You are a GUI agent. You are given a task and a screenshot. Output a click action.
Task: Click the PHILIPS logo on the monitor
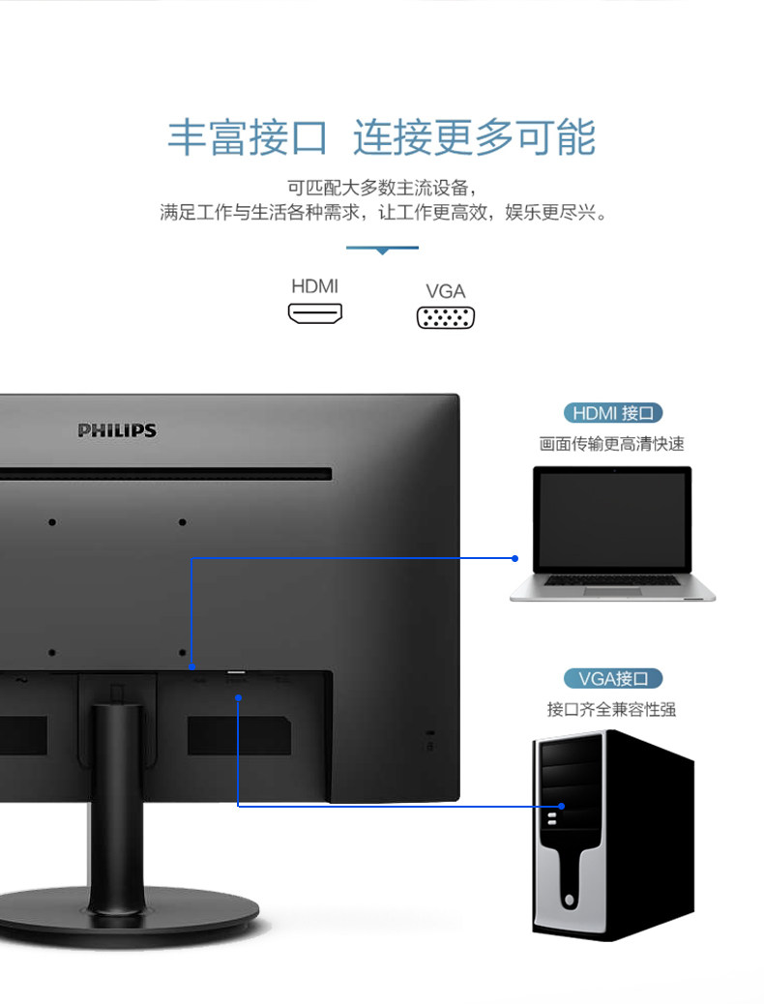117,430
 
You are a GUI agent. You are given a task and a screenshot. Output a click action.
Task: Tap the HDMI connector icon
314,314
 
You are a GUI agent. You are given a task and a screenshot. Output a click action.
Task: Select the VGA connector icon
446,317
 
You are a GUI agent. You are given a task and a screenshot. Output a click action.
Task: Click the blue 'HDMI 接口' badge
613,413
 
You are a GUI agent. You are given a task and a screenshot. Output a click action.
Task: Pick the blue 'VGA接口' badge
613,678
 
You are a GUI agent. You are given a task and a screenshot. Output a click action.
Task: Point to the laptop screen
612,520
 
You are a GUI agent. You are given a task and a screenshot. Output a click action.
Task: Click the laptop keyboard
612,581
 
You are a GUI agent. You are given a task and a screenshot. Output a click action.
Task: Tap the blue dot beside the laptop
515,558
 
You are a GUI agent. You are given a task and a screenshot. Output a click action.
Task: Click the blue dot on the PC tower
561,805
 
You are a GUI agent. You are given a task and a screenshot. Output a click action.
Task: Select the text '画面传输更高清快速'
612,444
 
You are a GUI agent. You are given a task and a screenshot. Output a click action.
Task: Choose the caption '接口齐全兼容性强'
612,709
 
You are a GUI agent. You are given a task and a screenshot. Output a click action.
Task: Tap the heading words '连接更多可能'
474,137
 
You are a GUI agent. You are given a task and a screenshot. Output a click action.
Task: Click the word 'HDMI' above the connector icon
314,286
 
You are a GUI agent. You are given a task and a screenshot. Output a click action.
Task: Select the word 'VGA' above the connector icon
446,291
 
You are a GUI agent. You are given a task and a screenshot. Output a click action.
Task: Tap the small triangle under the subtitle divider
382,251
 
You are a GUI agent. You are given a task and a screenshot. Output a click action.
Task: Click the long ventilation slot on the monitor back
164,474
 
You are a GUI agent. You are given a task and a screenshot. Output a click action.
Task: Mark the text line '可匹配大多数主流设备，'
382,187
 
